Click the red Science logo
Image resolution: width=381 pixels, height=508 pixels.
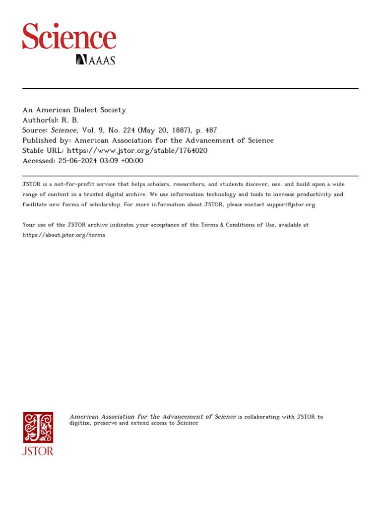69,36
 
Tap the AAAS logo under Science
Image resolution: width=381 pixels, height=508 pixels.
95,60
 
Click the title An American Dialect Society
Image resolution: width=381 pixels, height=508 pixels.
74,110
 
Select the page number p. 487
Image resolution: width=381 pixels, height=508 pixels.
207,130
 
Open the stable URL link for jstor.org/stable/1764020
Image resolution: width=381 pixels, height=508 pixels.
137,150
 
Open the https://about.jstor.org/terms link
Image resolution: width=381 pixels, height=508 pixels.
64,235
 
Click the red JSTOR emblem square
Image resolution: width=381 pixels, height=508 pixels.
38,427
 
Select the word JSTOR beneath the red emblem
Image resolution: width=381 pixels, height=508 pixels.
38,451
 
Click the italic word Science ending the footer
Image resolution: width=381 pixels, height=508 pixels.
188,423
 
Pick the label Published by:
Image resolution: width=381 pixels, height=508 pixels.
47,140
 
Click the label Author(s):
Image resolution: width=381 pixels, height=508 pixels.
40,120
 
